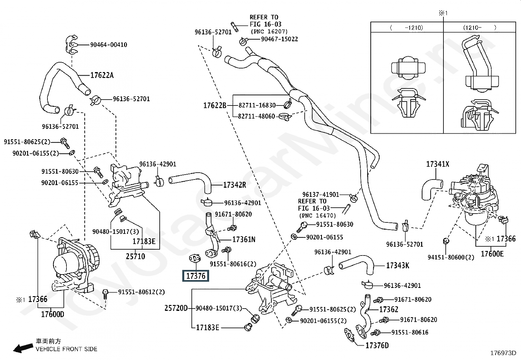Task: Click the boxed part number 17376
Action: (196, 276)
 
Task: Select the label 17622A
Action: (102, 75)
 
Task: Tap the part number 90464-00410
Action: (109, 45)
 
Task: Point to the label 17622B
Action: (215, 105)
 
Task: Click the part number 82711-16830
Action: (257, 105)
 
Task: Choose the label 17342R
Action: (234, 185)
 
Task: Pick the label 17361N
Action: (243, 240)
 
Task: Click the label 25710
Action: (135, 256)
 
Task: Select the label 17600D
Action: (52, 314)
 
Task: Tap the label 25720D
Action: (176, 308)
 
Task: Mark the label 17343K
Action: (397, 266)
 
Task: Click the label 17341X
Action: (438, 164)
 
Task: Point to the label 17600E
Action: (492, 254)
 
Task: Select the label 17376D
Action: (377, 346)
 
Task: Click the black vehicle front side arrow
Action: (22, 348)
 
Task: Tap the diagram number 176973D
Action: (503, 353)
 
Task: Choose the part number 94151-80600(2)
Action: (451, 257)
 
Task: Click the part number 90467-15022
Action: (279, 39)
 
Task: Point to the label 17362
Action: (388, 310)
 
